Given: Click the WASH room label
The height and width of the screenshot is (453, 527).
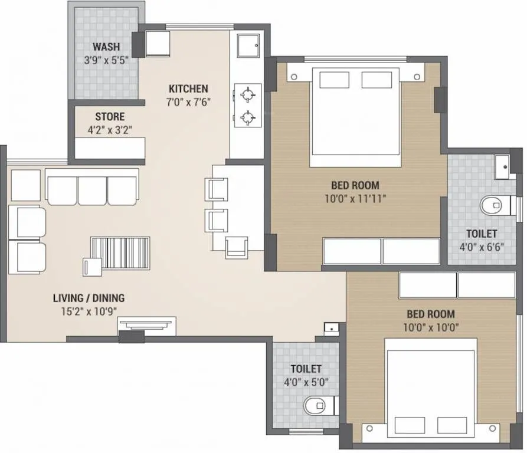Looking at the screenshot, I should click(x=106, y=47).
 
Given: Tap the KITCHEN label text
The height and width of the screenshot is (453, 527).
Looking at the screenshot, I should click(x=188, y=89).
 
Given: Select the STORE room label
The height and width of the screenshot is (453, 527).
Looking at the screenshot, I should click(x=110, y=117).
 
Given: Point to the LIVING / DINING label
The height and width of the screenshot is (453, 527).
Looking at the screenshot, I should click(x=89, y=298).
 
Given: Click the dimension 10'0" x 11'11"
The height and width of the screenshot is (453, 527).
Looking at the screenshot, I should click(x=354, y=199).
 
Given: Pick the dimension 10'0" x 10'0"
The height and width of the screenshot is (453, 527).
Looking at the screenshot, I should click(x=430, y=327).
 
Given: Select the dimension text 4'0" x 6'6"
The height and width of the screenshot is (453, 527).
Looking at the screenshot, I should click(x=481, y=246).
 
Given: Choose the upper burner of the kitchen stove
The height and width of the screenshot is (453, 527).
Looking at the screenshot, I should click(x=247, y=94).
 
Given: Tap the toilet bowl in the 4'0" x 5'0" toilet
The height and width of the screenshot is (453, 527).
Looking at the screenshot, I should click(x=315, y=406).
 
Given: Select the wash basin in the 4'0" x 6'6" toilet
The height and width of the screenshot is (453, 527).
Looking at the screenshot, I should click(x=503, y=167).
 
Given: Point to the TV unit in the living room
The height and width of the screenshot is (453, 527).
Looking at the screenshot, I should click(x=146, y=325).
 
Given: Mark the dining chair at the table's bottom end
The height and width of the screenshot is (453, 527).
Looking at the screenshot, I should click(x=236, y=247).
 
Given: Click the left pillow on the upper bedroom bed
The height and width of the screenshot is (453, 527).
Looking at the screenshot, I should click(x=328, y=80).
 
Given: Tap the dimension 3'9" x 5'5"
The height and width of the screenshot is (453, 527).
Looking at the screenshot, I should click(x=106, y=60).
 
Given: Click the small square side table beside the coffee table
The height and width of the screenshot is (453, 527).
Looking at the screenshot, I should click(x=93, y=267).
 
